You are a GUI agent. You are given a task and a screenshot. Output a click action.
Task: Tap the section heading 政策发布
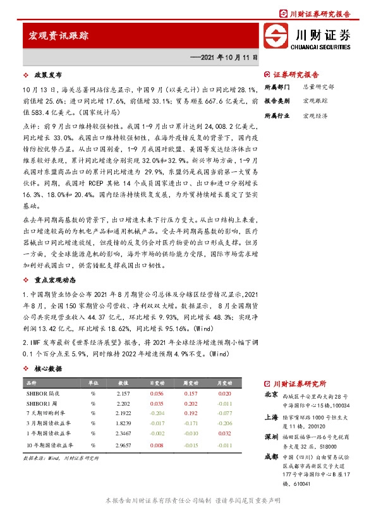[47, 74]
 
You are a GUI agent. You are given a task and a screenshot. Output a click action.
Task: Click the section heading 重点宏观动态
[55, 280]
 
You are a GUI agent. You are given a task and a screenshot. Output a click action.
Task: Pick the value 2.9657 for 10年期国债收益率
[123, 445]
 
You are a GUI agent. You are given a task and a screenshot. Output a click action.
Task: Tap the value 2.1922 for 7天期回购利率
[123, 414]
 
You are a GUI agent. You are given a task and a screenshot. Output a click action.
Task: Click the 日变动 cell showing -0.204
[156, 414]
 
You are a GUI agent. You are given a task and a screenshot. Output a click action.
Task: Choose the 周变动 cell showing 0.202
[190, 403]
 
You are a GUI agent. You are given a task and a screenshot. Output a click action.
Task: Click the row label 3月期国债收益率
[45, 424]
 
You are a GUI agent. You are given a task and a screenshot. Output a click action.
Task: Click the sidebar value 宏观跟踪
[315, 101]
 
